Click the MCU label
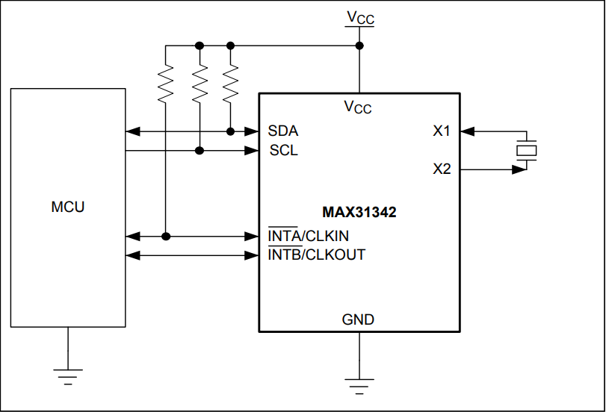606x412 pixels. pyautogui.click(x=68, y=207)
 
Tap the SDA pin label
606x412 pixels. pyautogui.click(x=283, y=131)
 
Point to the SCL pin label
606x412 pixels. pyautogui.click(x=283, y=151)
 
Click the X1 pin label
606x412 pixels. pyautogui.click(x=442, y=131)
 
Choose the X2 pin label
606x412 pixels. pyautogui.click(x=442, y=169)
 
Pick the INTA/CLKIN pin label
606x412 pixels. pyautogui.click(x=308, y=237)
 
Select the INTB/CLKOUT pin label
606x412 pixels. pyautogui.click(x=316, y=255)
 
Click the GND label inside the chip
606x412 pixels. pyautogui.click(x=359, y=319)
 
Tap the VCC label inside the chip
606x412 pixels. pyautogui.click(x=358, y=107)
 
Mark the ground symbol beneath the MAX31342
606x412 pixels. pyautogui.click(x=359, y=384)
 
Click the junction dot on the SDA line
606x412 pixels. pyautogui.click(x=231, y=132)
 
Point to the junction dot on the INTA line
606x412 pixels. pyautogui.click(x=166, y=237)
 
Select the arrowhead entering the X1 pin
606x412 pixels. pyautogui.click(x=467, y=132)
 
